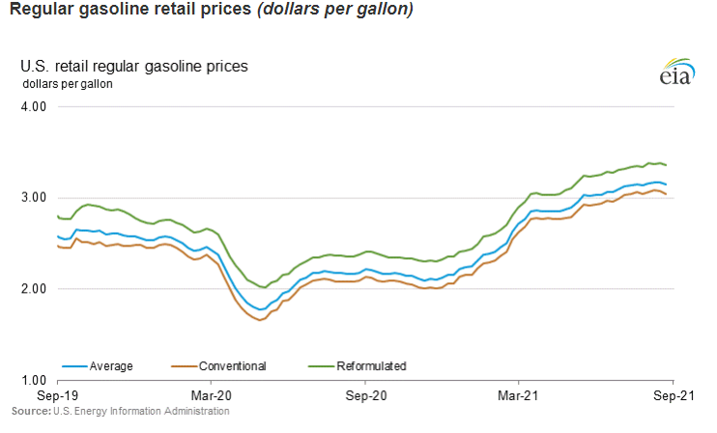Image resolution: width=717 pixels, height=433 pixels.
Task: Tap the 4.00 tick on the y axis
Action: [x=34, y=106]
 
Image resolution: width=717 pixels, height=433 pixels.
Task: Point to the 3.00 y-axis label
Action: [x=34, y=197]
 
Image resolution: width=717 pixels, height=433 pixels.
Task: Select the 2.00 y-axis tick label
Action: [x=34, y=289]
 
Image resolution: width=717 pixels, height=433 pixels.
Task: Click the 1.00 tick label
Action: [x=34, y=380]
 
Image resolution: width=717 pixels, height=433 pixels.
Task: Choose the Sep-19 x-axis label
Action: [x=58, y=396]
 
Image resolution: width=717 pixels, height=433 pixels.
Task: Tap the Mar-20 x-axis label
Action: [x=212, y=396]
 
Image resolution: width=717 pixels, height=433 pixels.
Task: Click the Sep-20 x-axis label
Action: [x=366, y=396]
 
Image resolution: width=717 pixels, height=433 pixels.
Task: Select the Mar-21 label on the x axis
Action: [x=518, y=396]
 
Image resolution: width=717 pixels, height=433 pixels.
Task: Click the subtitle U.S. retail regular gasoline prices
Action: [x=134, y=67]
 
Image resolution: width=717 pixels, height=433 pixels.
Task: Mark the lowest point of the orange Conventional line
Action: [x=260, y=320]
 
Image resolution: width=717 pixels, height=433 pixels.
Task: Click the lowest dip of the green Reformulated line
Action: [x=264, y=287]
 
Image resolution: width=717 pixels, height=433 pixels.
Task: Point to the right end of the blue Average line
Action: [x=666, y=185]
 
